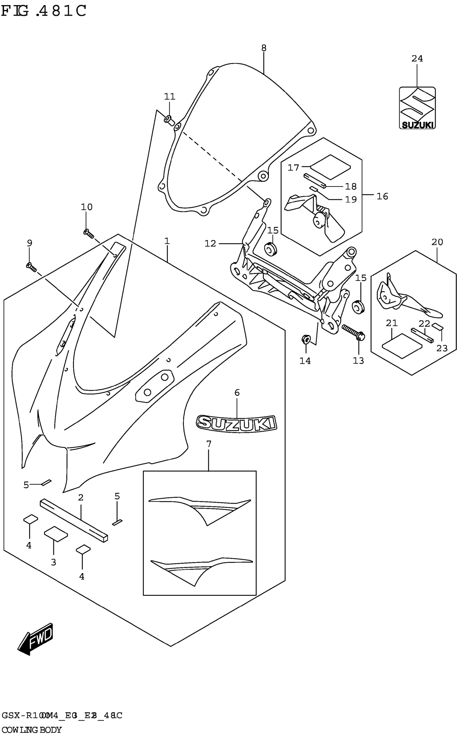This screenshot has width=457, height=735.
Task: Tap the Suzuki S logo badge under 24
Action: [x=417, y=108]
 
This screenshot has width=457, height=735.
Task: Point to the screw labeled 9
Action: [x=31, y=267]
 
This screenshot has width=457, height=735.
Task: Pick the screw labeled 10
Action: [x=88, y=233]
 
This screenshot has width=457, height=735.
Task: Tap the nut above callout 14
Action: [x=305, y=339]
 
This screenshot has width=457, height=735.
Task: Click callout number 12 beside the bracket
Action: [x=210, y=243]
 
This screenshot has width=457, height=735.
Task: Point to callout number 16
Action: [x=382, y=197]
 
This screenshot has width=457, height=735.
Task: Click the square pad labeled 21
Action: [x=402, y=346]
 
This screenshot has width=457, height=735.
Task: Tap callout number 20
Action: [x=437, y=242]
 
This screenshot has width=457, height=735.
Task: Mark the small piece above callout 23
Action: [x=437, y=326]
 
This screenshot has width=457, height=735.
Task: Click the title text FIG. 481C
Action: [x=44, y=11]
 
